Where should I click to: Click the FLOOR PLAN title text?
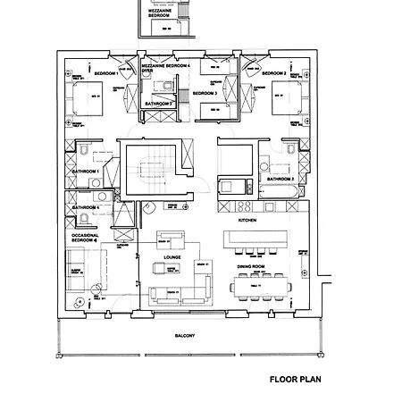(x=295, y=379)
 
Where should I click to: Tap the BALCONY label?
(x=185, y=335)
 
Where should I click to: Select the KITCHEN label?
(x=247, y=219)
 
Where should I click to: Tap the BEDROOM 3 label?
(x=205, y=93)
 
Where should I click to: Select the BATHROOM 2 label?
(x=280, y=180)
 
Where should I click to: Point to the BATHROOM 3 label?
(x=158, y=104)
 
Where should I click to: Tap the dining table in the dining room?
(x=260, y=287)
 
